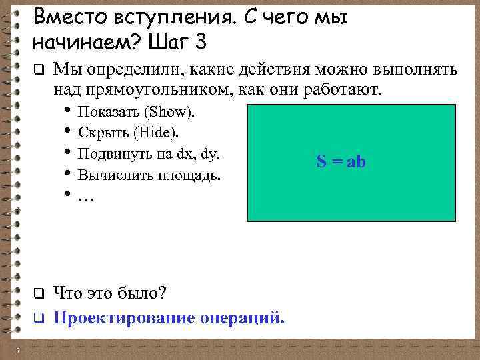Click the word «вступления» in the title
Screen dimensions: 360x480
point(169,16)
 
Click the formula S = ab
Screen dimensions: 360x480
point(341,161)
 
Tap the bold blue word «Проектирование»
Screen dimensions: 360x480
point(124,317)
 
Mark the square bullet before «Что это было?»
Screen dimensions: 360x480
point(39,293)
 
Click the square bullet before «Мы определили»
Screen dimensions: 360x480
point(39,69)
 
